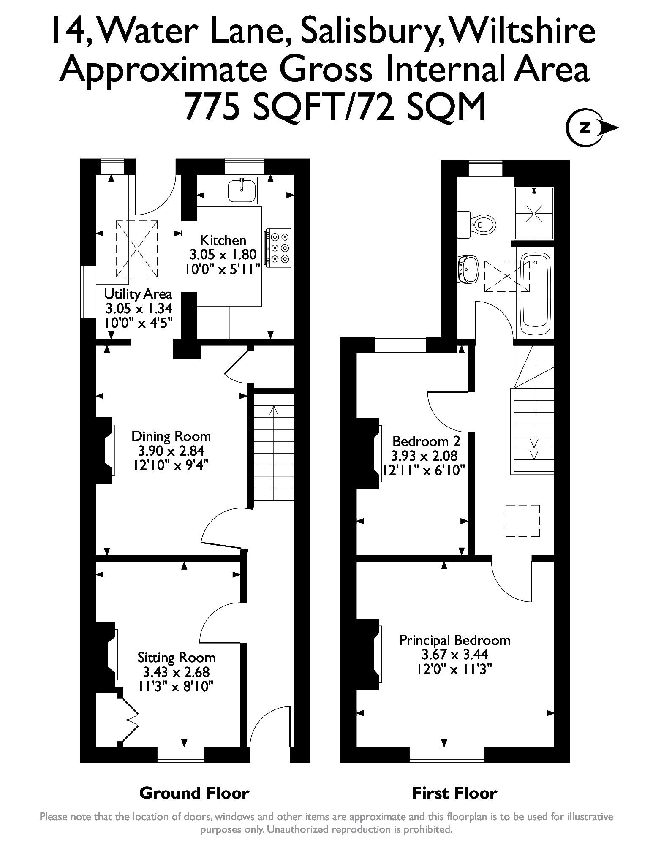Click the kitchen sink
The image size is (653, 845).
tap(242, 190)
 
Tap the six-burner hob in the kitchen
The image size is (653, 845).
tap(279, 248)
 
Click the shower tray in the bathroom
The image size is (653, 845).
tap(534, 213)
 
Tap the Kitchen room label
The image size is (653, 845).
tap(223, 241)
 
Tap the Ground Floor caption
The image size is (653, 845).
tap(194, 793)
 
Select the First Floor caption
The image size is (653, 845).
tap(454, 793)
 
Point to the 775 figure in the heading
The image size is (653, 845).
tap(214, 106)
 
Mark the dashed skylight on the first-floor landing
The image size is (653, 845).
tap(522, 521)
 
